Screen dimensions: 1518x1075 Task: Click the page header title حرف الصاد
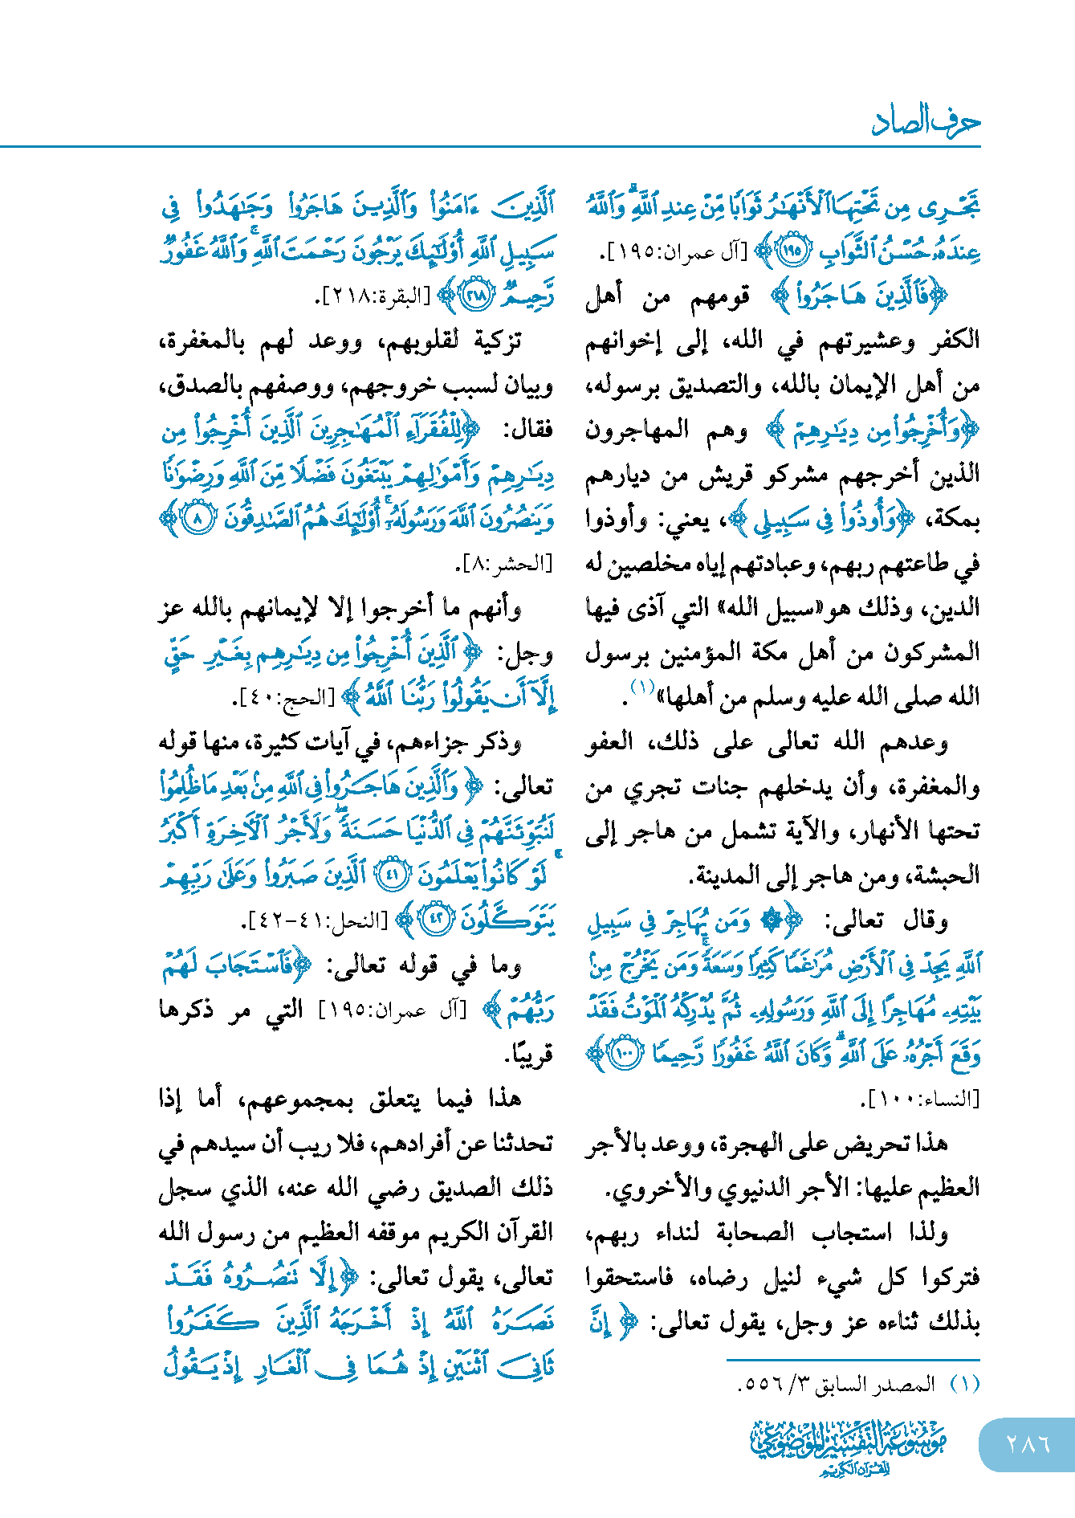pyautogui.click(x=926, y=121)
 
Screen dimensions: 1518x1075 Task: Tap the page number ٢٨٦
pyautogui.click(x=1028, y=1443)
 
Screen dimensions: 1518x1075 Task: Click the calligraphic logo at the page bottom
pyautogui.click(x=848, y=1446)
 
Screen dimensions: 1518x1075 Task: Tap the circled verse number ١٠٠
pyautogui.click(x=625, y=1054)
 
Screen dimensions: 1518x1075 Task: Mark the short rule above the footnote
pyautogui.click(x=853, y=1360)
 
